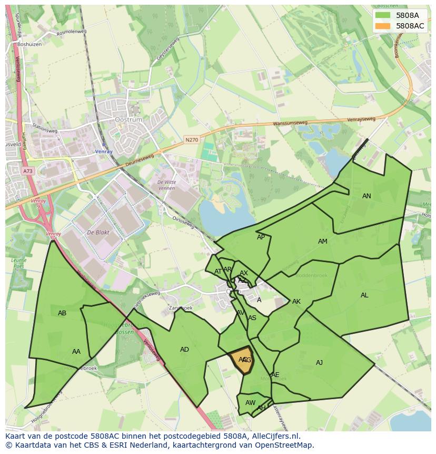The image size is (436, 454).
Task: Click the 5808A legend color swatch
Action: click(x=383, y=15)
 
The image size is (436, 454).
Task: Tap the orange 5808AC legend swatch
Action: click(x=383, y=26)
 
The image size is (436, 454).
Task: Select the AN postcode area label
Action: click(x=366, y=196)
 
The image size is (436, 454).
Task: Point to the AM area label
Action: click(x=323, y=242)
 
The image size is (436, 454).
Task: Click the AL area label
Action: click(x=364, y=295)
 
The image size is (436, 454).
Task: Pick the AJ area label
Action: click(x=319, y=363)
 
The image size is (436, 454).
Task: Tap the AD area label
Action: click(x=184, y=350)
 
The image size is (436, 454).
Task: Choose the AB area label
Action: click(x=62, y=313)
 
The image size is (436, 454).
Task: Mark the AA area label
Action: click(x=76, y=352)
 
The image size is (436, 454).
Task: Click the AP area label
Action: click(x=261, y=237)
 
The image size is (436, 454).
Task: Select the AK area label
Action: click(x=296, y=302)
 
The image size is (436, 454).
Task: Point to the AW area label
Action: click(x=250, y=403)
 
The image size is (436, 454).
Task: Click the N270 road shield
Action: click(x=191, y=140)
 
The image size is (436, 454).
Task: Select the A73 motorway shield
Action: click(x=27, y=171)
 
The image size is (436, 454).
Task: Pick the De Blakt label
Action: click(x=97, y=233)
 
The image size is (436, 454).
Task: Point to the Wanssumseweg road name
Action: click(x=290, y=124)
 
